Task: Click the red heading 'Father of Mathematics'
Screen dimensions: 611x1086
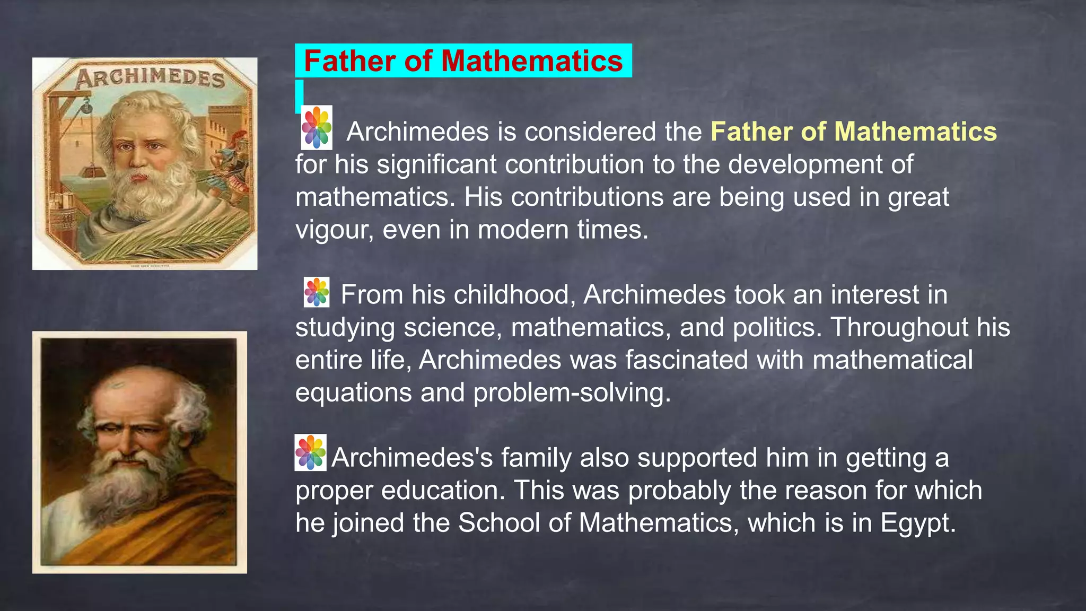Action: pos(463,61)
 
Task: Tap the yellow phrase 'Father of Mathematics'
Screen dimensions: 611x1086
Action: pos(853,132)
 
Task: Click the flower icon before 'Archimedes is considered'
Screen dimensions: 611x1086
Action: pos(317,127)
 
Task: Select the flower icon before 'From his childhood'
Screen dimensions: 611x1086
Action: pos(317,292)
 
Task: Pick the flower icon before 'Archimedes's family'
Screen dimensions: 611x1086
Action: pos(311,453)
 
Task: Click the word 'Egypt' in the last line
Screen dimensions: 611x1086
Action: pos(917,523)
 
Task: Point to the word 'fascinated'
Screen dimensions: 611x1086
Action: pos(686,360)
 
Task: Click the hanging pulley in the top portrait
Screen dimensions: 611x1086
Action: pos(86,110)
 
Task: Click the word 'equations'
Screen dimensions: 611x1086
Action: pos(353,393)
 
